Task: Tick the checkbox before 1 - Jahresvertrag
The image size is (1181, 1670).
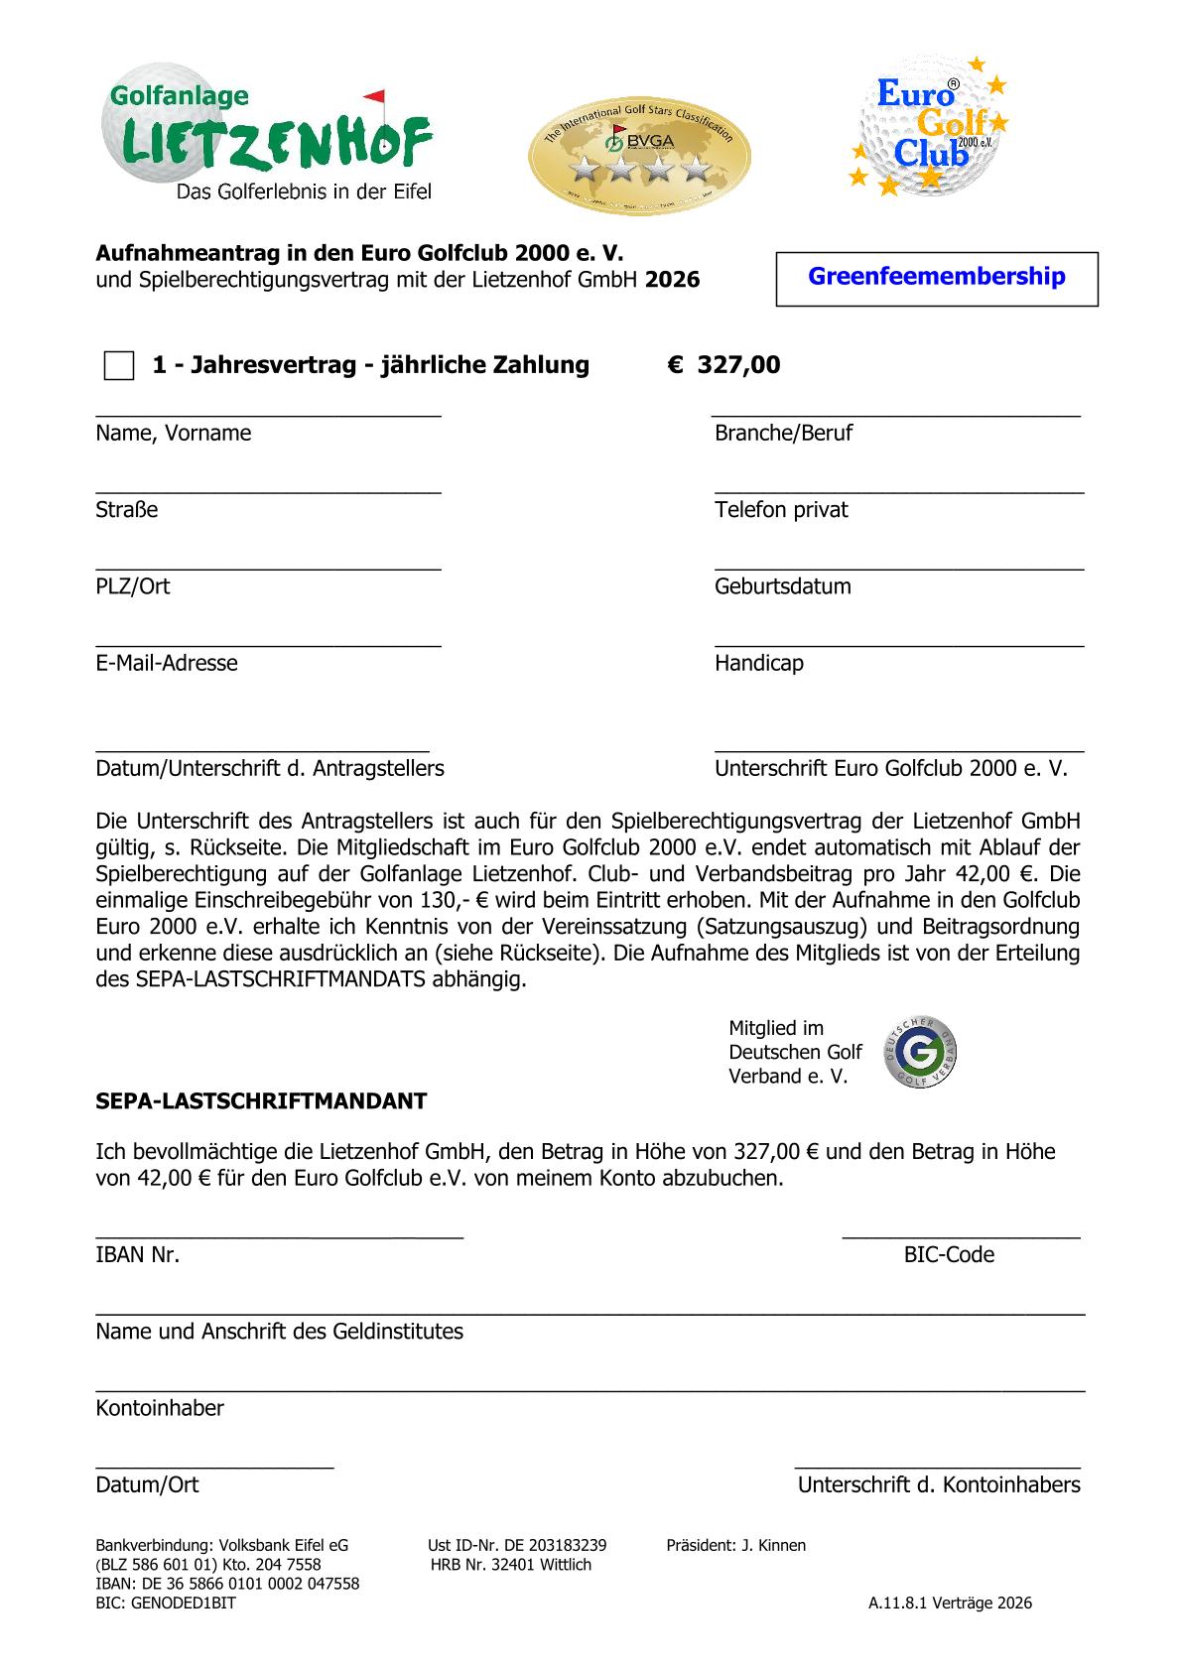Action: [119, 365]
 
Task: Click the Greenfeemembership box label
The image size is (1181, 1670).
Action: [936, 277]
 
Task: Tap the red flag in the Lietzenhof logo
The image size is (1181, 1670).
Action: [374, 98]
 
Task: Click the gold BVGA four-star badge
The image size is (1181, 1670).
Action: [638, 155]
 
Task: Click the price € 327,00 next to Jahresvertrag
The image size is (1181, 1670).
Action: [723, 365]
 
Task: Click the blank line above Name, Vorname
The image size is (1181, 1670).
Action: [268, 415]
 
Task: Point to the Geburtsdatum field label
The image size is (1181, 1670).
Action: [782, 586]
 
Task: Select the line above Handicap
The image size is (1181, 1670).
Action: [898, 645]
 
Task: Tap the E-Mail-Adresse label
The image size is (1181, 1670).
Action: [167, 663]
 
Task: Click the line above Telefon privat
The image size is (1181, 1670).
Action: [898, 491]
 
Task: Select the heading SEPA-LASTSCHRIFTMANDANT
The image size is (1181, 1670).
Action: [261, 1101]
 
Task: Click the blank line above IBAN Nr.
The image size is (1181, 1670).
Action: [279, 1235]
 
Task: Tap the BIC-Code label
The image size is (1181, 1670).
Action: [948, 1255]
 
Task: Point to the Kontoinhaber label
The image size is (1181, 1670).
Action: [160, 1408]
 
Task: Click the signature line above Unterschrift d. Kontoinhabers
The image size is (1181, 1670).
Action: [937, 1466]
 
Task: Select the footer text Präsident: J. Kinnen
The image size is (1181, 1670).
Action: [735, 1545]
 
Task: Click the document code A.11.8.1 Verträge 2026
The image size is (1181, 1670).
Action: [950, 1603]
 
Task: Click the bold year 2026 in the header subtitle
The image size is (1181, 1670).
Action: [672, 281]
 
